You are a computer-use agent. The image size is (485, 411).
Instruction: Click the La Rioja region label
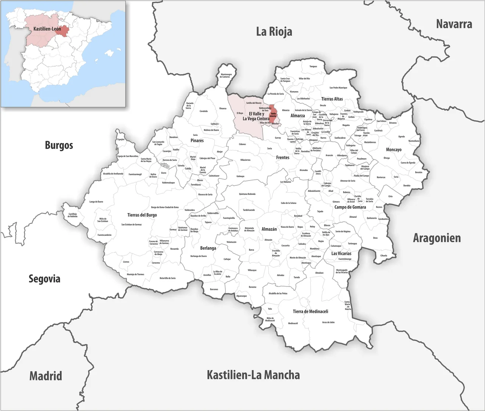pos(274,31)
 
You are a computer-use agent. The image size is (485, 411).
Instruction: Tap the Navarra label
pos(454,24)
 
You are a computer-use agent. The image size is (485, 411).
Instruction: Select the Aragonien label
pos(437,238)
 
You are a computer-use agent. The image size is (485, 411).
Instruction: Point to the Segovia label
pos(44,279)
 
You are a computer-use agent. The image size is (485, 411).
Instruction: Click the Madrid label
pos(45,376)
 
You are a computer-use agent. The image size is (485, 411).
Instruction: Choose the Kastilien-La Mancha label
pos(253,375)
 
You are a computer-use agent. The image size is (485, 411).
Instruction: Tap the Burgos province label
pos(59,145)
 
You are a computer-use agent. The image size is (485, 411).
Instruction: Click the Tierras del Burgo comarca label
pos(142,215)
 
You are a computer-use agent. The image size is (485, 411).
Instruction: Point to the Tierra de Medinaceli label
pos(310,311)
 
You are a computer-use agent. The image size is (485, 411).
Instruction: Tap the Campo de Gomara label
pos(350,207)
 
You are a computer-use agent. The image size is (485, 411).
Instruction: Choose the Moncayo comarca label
pos(394,149)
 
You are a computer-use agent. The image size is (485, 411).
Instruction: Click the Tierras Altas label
pos(332,99)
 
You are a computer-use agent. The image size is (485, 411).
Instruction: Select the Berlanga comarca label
pos(208,248)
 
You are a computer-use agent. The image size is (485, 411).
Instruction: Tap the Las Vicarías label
pos(341,254)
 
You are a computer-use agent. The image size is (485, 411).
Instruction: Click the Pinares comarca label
pos(197,140)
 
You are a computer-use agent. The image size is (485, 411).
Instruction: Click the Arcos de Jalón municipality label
pos(328,322)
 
